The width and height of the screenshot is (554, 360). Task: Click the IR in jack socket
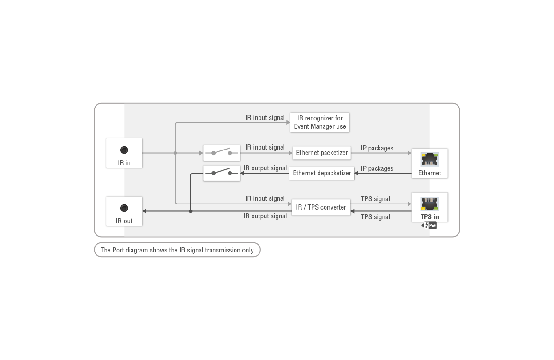point(124,150)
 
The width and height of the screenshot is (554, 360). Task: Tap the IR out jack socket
point(124,208)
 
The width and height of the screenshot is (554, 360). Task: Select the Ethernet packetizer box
point(321,153)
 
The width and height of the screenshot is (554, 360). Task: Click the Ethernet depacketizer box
point(321,173)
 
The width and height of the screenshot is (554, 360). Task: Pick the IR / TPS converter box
point(321,207)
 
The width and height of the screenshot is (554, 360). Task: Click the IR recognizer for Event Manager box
point(320,122)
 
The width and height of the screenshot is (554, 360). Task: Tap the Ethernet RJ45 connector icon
point(430,160)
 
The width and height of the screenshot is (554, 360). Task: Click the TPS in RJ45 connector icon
point(430,204)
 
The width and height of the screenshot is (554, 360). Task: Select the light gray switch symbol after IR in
point(222,153)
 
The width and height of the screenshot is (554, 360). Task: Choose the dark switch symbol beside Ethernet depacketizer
point(222,174)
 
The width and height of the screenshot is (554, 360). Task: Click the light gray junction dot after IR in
point(175,153)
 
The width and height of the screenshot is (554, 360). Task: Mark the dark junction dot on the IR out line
point(190,211)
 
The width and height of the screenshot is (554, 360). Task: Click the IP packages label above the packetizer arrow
point(377,148)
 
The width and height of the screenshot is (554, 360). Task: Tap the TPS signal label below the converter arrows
point(375,217)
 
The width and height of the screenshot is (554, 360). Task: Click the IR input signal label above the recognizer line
point(265,118)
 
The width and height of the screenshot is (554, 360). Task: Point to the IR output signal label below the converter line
point(265,216)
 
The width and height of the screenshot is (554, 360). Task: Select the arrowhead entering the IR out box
point(144,211)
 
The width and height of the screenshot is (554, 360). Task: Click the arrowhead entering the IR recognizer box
point(288,122)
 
